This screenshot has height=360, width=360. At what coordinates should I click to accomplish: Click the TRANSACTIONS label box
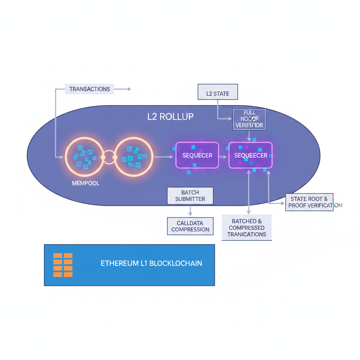coord(90,89)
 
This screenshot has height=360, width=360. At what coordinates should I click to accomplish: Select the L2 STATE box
coord(218,94)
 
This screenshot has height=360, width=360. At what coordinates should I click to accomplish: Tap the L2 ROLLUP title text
coord(171,117)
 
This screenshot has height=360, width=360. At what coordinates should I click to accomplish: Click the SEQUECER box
coord(197,155)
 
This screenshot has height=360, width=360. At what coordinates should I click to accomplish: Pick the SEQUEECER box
coord(250,155)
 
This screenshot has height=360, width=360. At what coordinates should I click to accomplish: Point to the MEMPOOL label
coord(85,183)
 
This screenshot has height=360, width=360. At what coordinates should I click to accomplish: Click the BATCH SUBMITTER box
coord(190,196)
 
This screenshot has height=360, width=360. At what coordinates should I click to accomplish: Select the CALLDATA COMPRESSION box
coord(190,226)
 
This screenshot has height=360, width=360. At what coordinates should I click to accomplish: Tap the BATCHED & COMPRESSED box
coord(247,228)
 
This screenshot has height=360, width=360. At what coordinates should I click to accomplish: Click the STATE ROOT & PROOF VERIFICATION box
coord(309,202)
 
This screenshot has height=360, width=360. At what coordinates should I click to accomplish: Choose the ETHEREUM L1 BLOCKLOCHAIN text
coord(151,263)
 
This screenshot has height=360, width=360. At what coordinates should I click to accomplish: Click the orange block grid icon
coord(63,265)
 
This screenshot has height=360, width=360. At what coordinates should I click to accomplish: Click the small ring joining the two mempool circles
coord(109,157)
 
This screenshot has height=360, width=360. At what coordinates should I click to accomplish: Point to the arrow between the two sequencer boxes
coord(223,156)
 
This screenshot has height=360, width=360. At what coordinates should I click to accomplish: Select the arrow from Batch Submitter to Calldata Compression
coord(190,211)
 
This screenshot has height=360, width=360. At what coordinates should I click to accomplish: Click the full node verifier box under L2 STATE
coord(249,120)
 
